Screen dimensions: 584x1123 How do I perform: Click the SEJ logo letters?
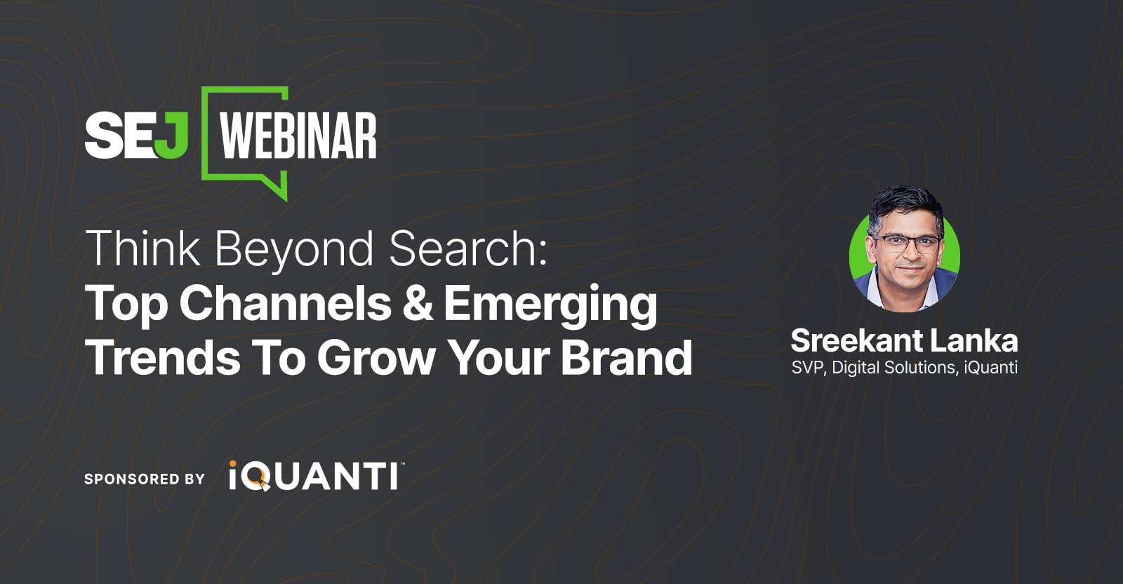click(x=136, y=136)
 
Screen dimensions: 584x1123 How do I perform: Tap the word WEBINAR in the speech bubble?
click(x=298, y=136)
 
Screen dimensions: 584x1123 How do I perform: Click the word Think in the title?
click(x=142, y=249)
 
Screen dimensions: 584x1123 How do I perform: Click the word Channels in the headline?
click(x=285, y=304)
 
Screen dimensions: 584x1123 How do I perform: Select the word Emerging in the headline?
click(x=551, y=305)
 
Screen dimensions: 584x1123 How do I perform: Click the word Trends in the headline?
click(x=162, y=358)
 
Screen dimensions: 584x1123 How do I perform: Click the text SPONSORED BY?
click(x=145, y=479)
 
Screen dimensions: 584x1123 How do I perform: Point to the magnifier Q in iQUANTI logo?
click(x=258, y=477)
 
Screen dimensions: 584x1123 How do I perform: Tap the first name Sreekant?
click(x=856, y=341)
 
